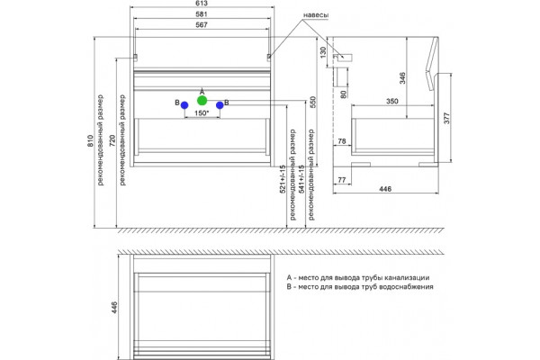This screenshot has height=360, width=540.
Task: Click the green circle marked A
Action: click(202, 101)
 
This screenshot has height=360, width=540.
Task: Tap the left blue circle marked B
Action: click(184, 105)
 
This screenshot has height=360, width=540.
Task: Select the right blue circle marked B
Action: click(220, 105)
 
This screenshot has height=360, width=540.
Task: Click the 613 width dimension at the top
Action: click(202, 4)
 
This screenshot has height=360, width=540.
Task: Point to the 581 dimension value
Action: click(202, 14)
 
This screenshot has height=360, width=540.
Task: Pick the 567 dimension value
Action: click(202, 25)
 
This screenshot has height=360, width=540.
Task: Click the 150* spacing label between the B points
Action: click(202, 113)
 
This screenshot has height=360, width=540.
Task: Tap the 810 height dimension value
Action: click(90, 141)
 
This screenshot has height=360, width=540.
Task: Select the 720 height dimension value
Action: click(112, 141)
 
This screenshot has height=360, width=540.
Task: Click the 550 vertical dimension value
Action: click(313, 103)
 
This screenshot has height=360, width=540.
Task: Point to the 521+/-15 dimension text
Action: click(283, 179)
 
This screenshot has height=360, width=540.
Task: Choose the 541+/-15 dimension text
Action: click(301, 179)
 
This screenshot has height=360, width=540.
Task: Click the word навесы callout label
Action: click(316, 15)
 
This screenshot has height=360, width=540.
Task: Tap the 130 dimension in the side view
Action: click(323, 52)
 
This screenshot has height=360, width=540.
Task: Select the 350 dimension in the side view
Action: click(391, 102)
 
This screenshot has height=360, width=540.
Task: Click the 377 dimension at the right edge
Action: click(446, 119)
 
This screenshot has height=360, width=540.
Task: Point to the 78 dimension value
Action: click(342, 141)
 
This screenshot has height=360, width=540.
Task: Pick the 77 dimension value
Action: click(342, 180)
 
